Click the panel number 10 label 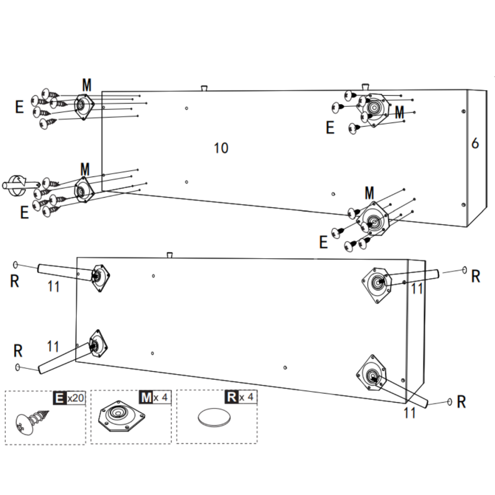tap(221, 148)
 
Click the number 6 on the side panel tap(475, 143)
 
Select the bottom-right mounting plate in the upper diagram tap(373, 223)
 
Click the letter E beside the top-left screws tap(19, 107)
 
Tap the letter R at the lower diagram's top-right tap(476, 277)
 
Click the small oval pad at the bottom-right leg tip tap(451, 402)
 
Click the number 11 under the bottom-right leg tap(409, 412)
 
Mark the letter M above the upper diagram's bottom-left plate tap(85, 169)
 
